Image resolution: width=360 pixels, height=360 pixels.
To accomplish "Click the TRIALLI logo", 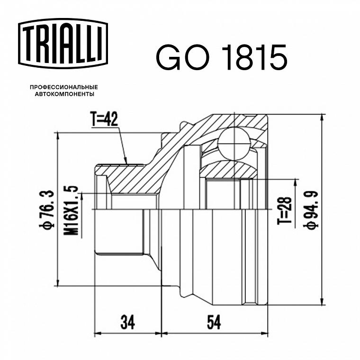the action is tap(63, 44).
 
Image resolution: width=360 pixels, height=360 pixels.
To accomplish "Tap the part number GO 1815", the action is tap(222, 57).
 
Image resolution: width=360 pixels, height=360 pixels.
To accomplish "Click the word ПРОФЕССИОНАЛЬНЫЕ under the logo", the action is tap(64, 87).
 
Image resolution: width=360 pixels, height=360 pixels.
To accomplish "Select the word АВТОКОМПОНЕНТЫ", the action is tap(64, 94).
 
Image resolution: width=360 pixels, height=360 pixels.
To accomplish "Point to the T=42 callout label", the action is tap(104, 119).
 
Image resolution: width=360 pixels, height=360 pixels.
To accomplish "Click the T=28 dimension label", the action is tap(285, 210).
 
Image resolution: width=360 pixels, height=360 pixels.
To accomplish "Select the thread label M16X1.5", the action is tap(72, 210).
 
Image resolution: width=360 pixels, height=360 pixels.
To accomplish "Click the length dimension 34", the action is tap(127, 322).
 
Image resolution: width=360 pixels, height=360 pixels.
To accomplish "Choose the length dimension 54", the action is tap(214, 322).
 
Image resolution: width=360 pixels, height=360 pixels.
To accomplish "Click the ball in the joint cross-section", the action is tap(234, 144).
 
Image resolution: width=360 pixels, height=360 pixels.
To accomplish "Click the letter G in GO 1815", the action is tap(169, 57).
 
